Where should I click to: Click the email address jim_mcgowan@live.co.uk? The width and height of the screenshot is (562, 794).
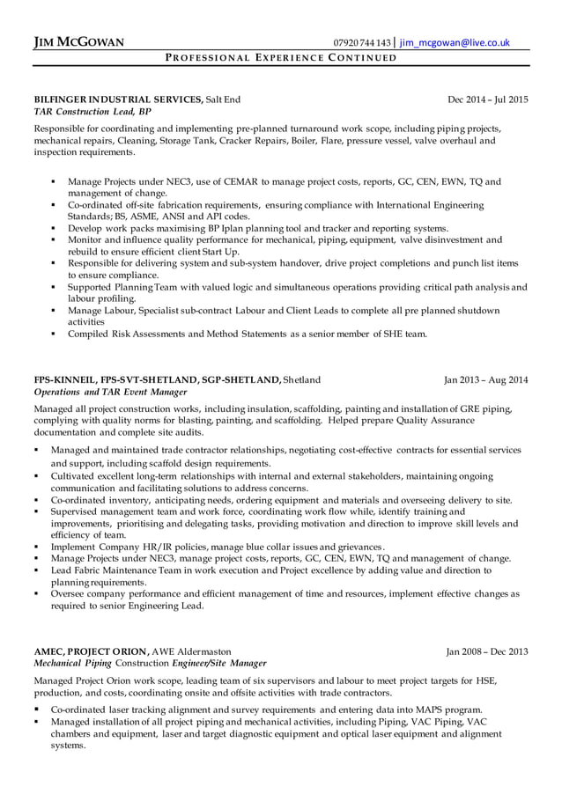point(455,41)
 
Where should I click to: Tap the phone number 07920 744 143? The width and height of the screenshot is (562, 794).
point(362,41)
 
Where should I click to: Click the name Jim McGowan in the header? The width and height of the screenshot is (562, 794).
point(78,41)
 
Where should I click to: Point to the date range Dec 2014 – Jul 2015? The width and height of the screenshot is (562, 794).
point(487,99)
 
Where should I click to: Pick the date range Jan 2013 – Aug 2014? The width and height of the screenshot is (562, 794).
point(486,380)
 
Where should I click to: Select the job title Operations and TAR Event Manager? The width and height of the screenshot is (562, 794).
point(110,393)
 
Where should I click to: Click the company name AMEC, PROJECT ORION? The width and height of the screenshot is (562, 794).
point(91,651)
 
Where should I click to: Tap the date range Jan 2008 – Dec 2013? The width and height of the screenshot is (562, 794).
point(487,651)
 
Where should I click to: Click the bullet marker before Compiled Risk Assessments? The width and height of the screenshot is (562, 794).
point(55,334)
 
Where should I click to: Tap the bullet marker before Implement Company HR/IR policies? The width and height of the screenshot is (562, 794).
point(37,547)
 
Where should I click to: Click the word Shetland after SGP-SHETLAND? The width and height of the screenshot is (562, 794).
point(301,380)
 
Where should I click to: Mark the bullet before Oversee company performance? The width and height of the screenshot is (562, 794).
point(37,593)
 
